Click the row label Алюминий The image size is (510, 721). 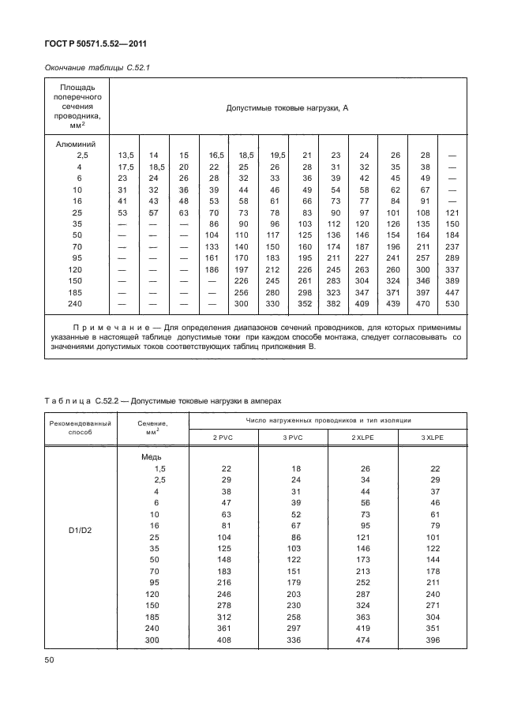point(76,145)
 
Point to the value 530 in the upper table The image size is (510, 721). point(452,303)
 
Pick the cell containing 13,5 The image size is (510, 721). point(126,156)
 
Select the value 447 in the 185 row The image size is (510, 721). point(452,291)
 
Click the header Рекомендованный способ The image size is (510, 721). point(81,428)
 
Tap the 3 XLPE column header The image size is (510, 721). point(433,437)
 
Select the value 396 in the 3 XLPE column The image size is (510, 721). point(433,640)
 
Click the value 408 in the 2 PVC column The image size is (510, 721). point(223,640)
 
